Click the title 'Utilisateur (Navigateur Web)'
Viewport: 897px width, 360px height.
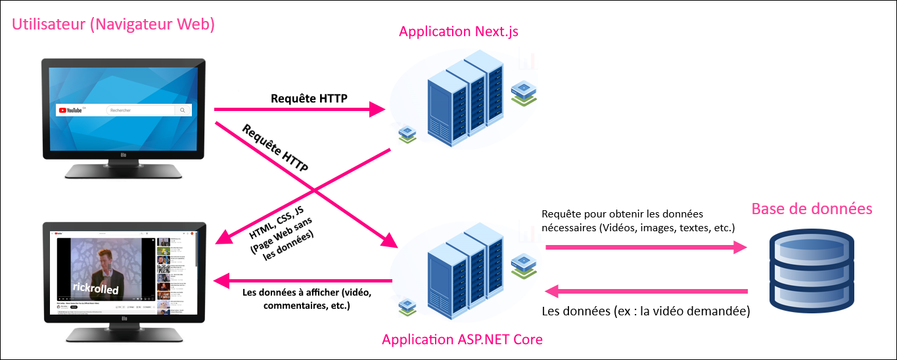pos(114,25)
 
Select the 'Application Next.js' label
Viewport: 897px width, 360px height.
pos(459,31)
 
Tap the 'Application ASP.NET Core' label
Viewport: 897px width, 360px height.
pos(462,340)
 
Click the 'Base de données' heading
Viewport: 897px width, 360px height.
pos(812,209)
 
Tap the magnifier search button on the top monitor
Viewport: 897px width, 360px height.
pos(182,110)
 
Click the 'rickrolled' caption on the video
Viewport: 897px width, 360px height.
pos(95,289)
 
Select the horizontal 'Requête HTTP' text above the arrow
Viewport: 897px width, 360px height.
pos(309,99)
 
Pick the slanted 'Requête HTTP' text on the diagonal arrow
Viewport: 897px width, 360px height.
pos(275,148)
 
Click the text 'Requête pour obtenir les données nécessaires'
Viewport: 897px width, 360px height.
pos(637,221)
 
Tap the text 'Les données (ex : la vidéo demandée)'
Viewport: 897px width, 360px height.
pos(645,311)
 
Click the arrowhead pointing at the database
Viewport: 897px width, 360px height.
pos(741,247)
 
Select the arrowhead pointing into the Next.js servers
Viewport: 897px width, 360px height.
pos(377,110)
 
